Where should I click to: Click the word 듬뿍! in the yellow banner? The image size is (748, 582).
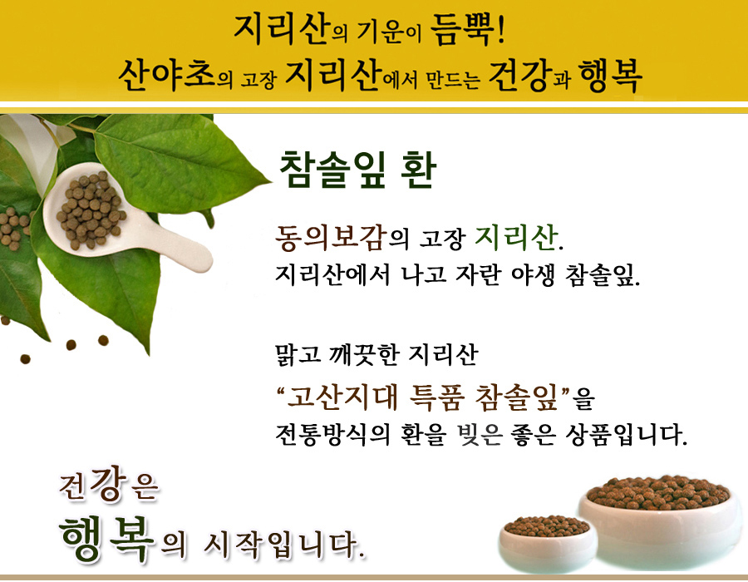coord(467,30)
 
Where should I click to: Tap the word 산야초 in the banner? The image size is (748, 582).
coord(167,76)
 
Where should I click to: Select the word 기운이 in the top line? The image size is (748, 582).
coord(389,32)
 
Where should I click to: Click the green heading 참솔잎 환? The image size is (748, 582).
coord(357,170)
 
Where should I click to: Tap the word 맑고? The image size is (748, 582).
coord(298,354)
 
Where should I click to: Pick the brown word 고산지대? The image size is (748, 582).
coord(342,397)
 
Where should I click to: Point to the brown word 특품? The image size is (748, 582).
coord(436,397)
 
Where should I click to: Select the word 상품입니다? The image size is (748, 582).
coord(626,434)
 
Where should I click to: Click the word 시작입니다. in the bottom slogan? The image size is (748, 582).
coord(284,545)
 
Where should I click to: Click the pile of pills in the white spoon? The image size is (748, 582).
coord(91,210)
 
